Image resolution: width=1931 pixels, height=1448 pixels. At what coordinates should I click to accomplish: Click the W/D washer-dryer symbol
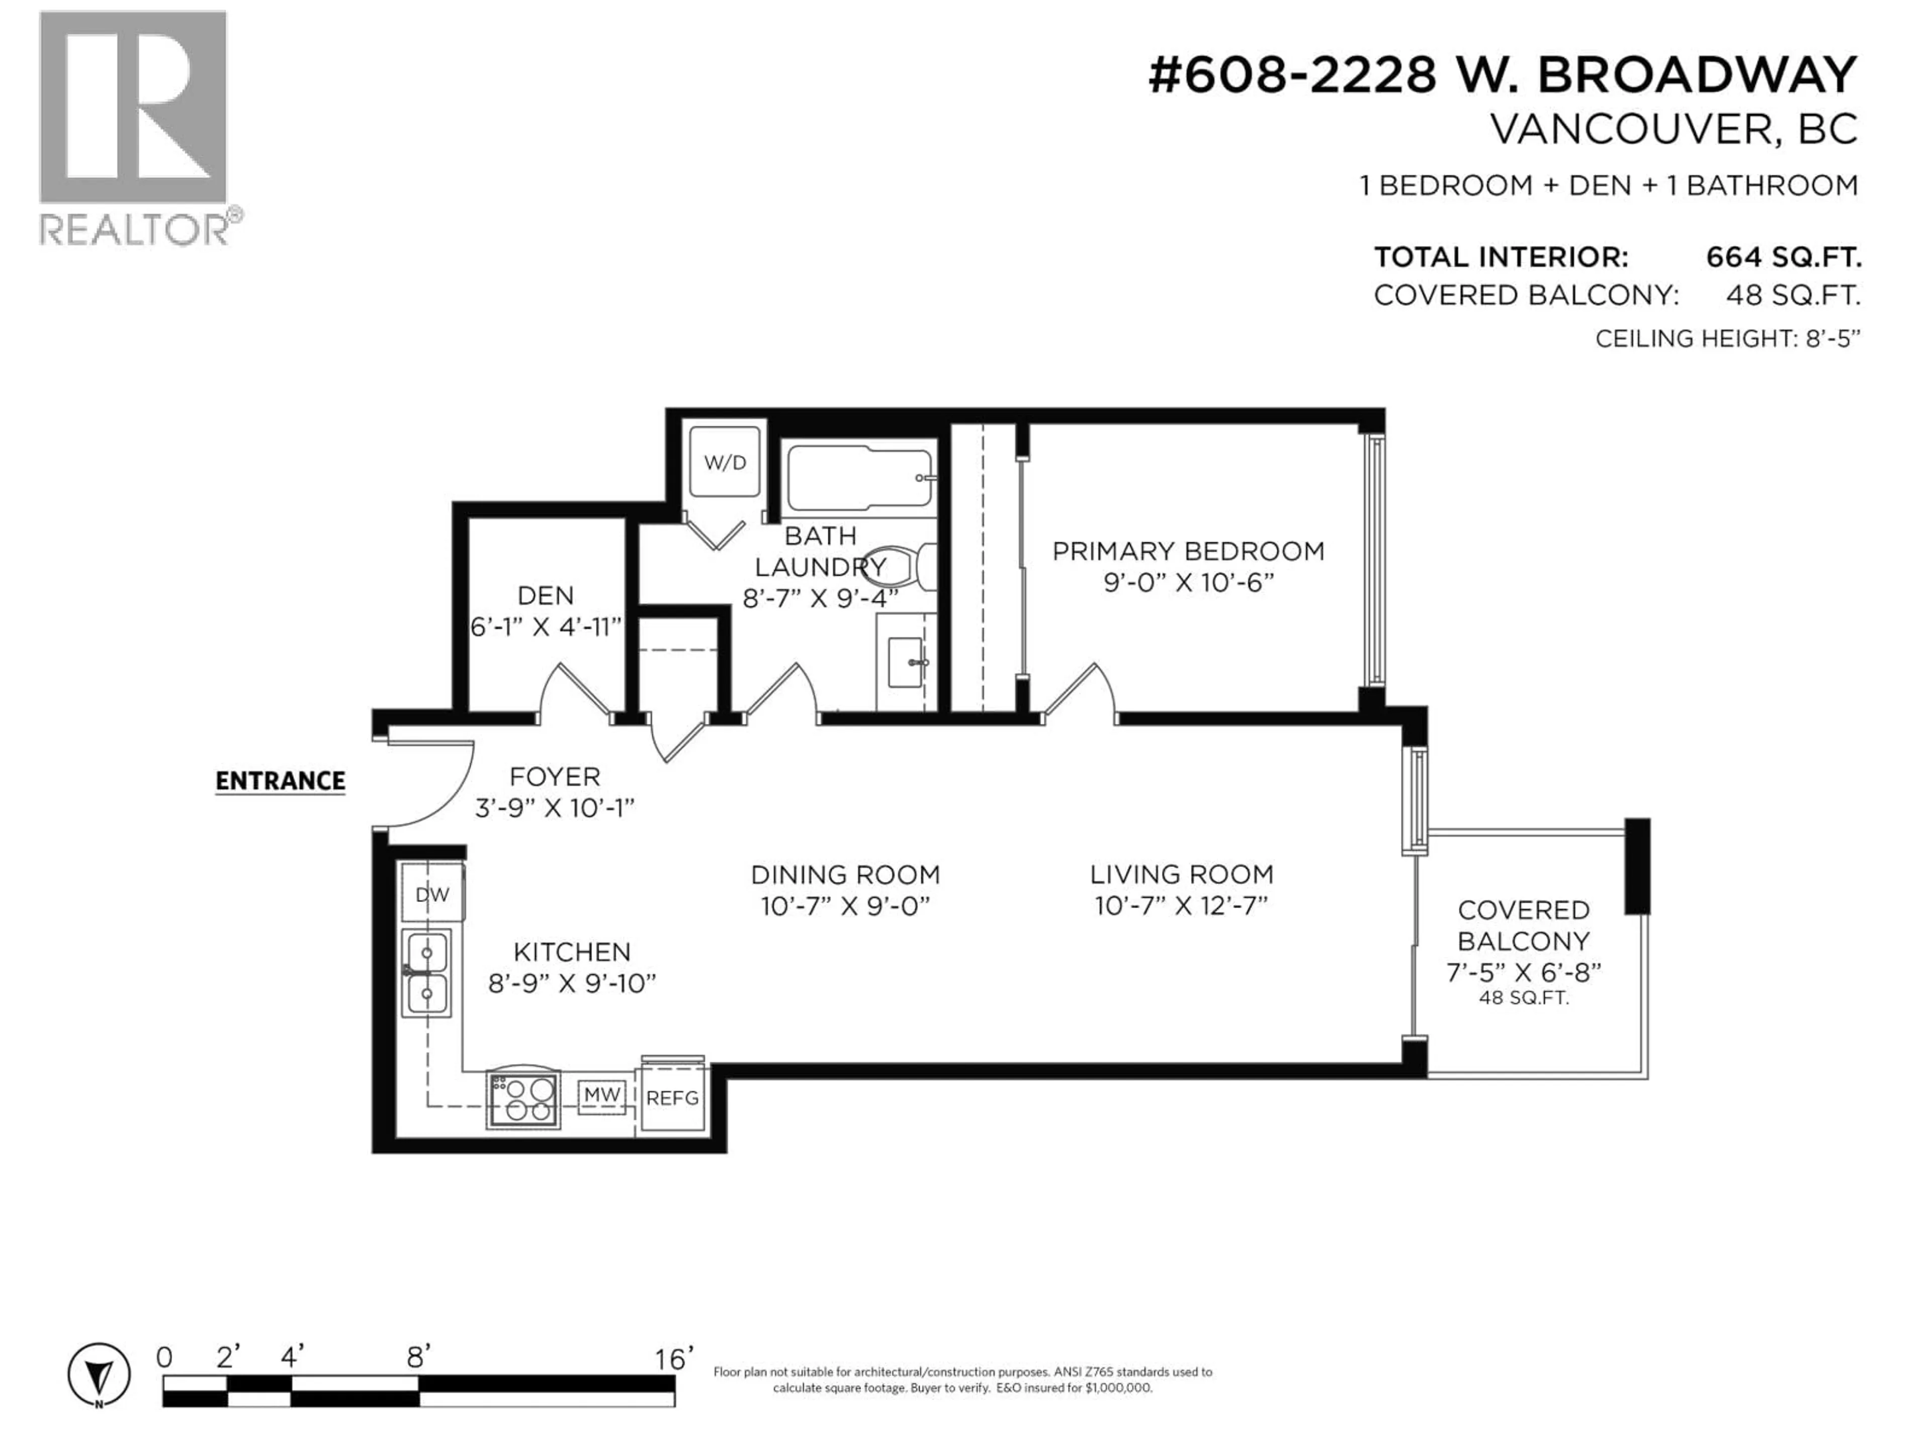coord(725,463)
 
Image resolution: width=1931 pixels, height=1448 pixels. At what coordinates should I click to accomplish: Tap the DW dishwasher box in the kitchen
coord(432,894)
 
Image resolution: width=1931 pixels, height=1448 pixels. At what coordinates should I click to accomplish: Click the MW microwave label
coord(601,1095)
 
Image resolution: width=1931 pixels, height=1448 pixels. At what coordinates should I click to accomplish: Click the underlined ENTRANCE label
coord(280,780)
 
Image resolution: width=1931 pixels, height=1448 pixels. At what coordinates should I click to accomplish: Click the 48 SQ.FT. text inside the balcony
coord(1523,998)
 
